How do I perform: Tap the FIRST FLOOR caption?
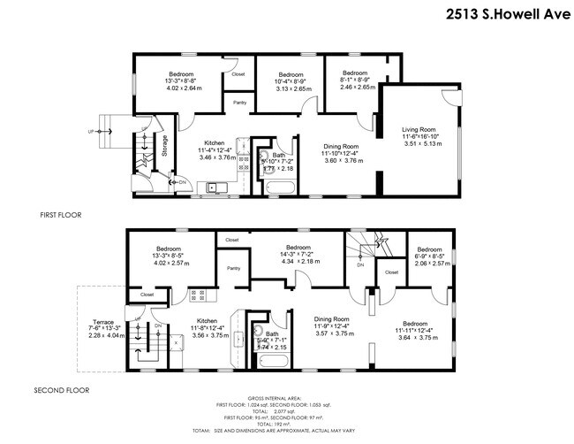(x=66, y=215)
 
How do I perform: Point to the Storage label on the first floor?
(x=164, y=145)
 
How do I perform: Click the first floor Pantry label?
(x=240, y=103)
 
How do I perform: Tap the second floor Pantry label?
(x=233, y=268)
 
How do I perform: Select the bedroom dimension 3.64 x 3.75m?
(x=417, y=337)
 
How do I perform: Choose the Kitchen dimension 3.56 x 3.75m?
(x=208, y=335)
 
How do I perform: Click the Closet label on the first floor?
(x=238, y=74)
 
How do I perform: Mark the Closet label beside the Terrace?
(x=147, y=294)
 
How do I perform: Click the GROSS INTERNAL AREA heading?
(x=287, y=397)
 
